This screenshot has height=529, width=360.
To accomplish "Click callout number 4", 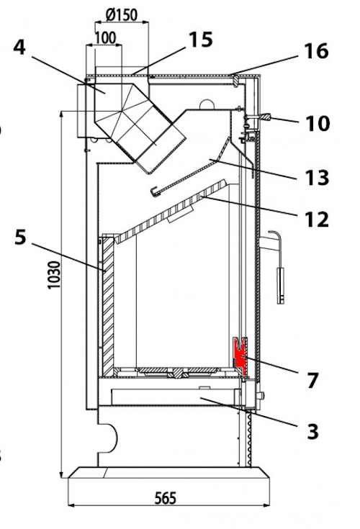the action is tap(19, 48).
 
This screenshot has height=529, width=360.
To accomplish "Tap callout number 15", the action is tap(201, 40).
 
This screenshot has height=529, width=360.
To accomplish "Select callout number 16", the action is tap(316, 51).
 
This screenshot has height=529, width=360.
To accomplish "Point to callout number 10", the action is tap(317, 124).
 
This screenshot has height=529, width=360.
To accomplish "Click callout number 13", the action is tap(317, 178).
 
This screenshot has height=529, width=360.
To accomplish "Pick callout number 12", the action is tap(317, 220).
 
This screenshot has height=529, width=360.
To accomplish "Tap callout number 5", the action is tap(20, 238).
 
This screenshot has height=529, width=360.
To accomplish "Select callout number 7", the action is tap(312, 380).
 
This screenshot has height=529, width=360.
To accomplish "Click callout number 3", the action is tap(312, 432).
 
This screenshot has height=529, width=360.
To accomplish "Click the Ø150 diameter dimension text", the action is tap(121, 15).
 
